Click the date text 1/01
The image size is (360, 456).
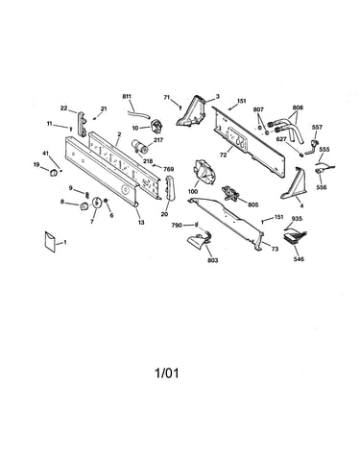(x=167, y=373)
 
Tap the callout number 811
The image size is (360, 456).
(x=127, y=96)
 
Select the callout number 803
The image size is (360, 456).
(x=213, y=260)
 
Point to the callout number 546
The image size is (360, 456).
(x=299, y=259)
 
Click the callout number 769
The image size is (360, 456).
(x=169, y=169)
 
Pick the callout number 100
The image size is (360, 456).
(x=193, y=192)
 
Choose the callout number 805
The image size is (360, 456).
(x=252, y=204)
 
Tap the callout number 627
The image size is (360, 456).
(x=281, y=139)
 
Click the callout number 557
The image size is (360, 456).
(x=317, y=127)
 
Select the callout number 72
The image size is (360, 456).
(x=223, y=156)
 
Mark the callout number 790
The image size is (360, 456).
(x=177, y=226)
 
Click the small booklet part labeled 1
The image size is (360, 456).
(x=50, y=241)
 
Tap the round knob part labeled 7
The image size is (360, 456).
(x=96, y=203)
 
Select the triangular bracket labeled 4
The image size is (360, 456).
(x=294, y=184)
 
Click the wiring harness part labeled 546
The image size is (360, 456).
(x=295, y=237)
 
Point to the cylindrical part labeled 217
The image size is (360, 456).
(x=140, y=146)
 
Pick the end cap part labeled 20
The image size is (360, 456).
(x=169, y=188)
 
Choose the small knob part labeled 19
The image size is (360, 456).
(x=53, y=173)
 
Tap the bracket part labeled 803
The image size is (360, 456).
(x=199, y=241)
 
